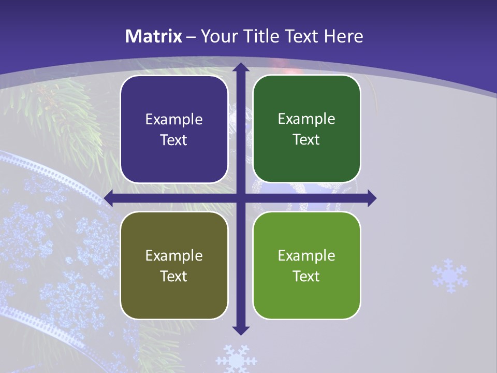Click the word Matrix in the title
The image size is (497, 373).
(154, 36)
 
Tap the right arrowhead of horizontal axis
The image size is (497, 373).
(372, 198)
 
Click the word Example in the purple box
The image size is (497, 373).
(174, 120)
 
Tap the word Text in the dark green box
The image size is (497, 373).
(306, 140)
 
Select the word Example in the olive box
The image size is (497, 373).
(174, 256)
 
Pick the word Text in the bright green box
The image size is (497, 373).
(306, 276)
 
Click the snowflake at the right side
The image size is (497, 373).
(449, 276)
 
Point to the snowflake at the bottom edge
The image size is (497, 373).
(236, 359)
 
